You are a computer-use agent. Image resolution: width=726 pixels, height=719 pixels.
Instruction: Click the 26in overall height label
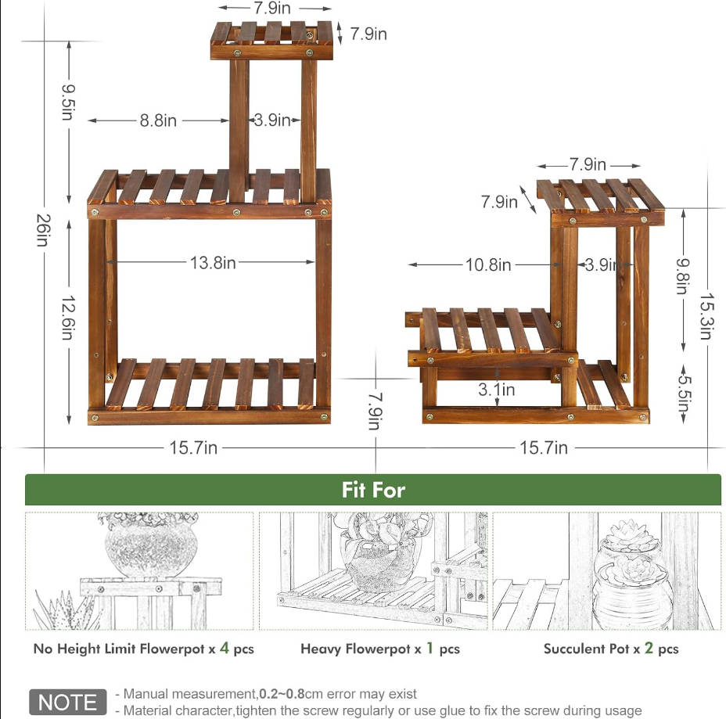pyautogui.click(x=44, y=230)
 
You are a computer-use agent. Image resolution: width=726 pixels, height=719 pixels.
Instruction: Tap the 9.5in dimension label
pyautogui.click(x=69, y=102)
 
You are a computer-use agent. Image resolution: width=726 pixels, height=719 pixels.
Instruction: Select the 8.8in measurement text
pyautogui.click(x=158, y=120)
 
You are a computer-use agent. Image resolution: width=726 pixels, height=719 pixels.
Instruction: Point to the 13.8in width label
pyautogui.click(x=213, y=263)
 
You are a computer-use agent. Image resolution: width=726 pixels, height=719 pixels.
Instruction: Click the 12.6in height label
pyautogui.click(x=69, y=318)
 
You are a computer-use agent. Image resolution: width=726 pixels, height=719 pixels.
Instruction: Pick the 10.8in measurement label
pyautogui.click(x=488, y=264)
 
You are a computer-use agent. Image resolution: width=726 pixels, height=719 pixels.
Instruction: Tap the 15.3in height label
pyautogui.click(x=706, y=316)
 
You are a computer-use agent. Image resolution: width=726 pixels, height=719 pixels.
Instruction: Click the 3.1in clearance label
pyautogui.click(x=497, y=390)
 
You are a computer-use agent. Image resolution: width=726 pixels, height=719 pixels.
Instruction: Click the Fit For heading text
pyautogui.click(x=373, y=490)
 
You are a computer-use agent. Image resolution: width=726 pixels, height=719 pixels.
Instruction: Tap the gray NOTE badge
pyautogui.click(x=67, y=702)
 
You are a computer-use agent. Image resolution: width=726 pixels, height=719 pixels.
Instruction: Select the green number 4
pyautogui.click(x=225, y=648)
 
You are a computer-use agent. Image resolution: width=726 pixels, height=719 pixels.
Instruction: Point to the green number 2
pyautogui.click(x=649, y=648)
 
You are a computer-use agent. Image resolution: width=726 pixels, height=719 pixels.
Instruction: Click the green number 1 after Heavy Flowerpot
pyautogui.click(x=429, y=648)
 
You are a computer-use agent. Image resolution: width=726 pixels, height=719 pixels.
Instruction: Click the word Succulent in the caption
pyautogui.click(x=566, y=649)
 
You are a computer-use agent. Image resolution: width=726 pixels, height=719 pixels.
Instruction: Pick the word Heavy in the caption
pyautogui.click(x=317, y=649)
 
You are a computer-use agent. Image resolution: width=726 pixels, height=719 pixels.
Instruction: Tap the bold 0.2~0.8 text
pyautogui.click(x=282, y=693)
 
